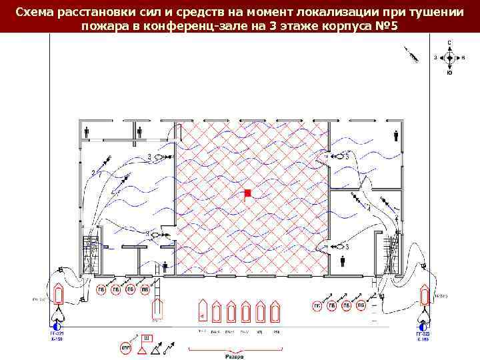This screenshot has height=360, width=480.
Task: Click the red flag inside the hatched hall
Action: coord(248,193)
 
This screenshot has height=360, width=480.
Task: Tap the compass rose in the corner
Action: coord(449,57)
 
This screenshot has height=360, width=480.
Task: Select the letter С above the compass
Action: coord(449,43)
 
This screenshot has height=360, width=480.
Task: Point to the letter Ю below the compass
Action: coord(449,73)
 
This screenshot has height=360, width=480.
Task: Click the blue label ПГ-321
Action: coord(58,335)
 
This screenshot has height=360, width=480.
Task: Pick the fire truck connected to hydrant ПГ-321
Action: coord(59,297)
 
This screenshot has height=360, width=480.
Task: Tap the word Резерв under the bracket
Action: coord(234,357)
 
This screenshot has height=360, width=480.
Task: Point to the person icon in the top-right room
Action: coord(396,135)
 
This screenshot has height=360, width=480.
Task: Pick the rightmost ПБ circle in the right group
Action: coord(361,305)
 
